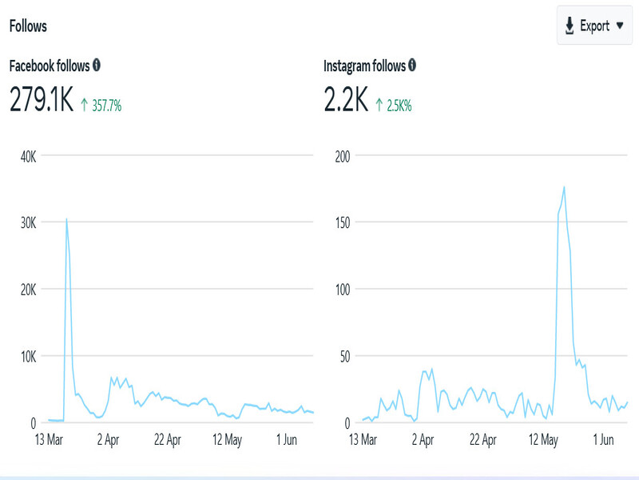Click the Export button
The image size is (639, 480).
coord(594,26)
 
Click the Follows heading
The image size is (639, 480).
coord(28,26)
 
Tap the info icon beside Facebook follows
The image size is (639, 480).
coord(97,65)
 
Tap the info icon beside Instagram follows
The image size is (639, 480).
coord(411,65)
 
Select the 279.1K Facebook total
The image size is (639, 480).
coord(41,100)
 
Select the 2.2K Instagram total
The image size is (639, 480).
coord(346,100)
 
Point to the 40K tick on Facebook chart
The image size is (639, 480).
coord(28,156)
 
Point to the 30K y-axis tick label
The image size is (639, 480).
coord(28,222)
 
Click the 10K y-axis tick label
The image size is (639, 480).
coord(28,356)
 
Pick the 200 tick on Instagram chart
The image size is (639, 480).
coord(343,156)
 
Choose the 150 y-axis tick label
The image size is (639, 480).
coord(343,222)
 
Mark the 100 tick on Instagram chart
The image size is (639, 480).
coord(343,290)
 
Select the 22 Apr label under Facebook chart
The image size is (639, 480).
coord(169,439)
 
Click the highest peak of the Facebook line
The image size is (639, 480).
coord(66,218)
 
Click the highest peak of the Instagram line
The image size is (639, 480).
coord(564,187)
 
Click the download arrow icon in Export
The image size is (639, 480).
coord(570,26)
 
